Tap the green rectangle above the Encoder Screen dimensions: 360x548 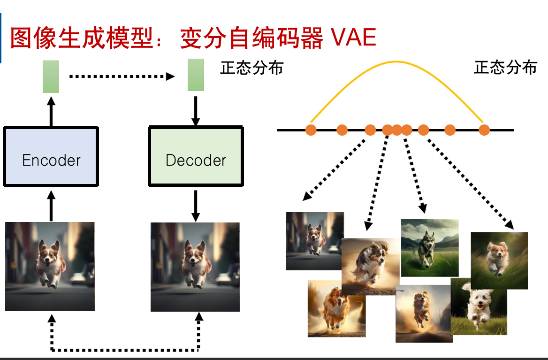51,77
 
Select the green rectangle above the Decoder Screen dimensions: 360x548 196,75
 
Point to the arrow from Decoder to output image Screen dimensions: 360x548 196,206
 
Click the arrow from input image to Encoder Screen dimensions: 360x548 51,205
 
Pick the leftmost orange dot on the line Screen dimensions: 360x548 311,130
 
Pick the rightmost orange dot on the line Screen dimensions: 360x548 484,130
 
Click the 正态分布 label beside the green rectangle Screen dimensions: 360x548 252,68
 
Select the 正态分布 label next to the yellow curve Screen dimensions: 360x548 505,68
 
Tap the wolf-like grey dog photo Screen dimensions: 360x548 429,247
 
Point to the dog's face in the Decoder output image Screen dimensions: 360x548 193,254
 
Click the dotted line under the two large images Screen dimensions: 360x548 125,350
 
